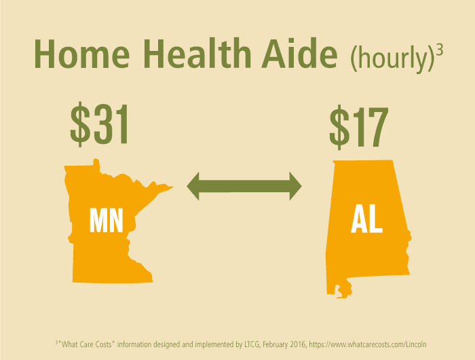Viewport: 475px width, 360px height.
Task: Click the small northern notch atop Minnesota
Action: pyautogui.click(x=96, y=162)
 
